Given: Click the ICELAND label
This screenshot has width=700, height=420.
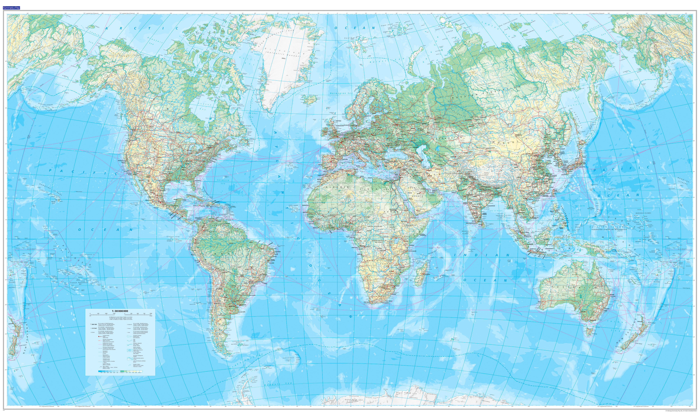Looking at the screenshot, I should pyautogui.click(x=310, y=100).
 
